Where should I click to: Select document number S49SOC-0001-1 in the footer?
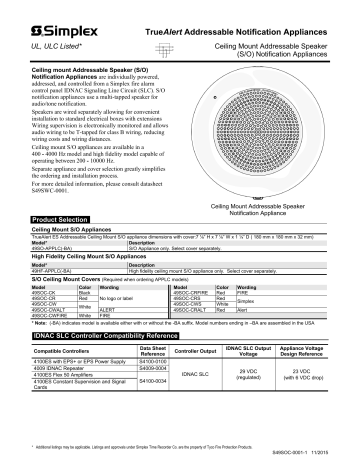coord(306,457)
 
